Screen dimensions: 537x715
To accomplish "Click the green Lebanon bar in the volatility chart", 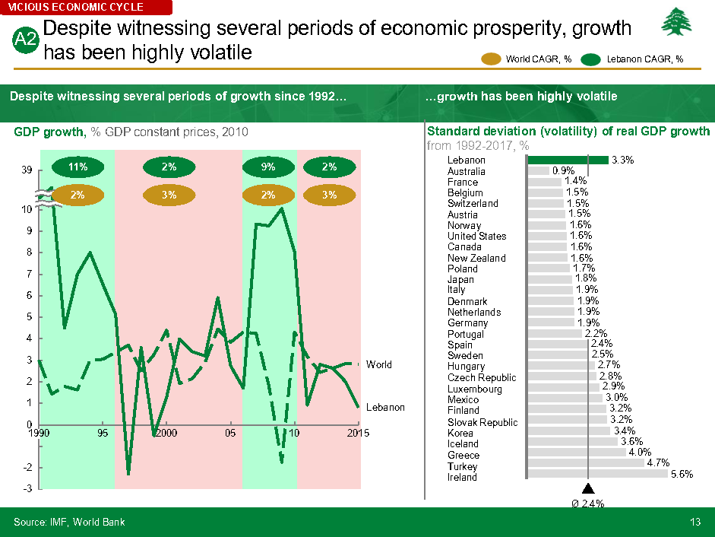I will [568, 160].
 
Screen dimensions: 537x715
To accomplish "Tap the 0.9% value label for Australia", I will [563, 171].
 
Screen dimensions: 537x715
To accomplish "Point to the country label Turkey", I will [463, 466].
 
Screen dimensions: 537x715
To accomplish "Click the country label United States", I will [476, 236].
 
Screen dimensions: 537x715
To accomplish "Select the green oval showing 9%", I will [268, 167].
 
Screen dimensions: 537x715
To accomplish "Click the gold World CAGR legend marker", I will [492, 59].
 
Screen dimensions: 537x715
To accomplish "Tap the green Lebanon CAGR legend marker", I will [591, 59].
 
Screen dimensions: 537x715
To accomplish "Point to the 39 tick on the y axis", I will [27, 171].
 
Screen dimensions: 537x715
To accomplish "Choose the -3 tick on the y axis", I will [27, 488].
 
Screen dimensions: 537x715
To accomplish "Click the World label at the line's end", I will [379, 364].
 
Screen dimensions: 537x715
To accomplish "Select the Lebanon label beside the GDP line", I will [385, 407].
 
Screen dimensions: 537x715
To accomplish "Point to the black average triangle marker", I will [587, 489].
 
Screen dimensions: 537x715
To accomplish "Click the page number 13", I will [695, 522].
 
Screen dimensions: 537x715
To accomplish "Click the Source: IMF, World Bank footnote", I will [69, 522].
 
